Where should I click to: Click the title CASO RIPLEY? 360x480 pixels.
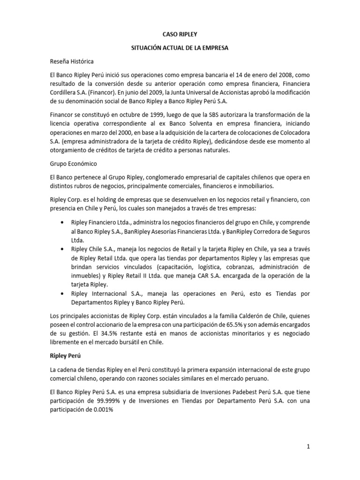(x=180, y=34)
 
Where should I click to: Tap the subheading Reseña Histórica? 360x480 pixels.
(x=72, y=61)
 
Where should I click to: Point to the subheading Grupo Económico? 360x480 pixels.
(x=73, y=165)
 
